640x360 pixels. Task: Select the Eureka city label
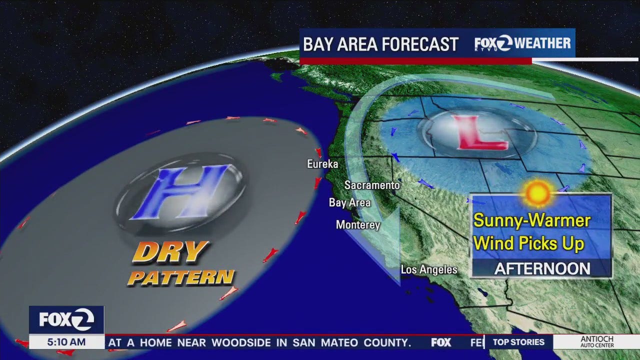(322, 164)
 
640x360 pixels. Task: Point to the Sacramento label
(372, 185)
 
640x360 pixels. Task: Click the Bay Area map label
(349, 202)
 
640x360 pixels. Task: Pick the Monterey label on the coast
(358, 225)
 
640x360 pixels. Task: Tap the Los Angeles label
(429, 270)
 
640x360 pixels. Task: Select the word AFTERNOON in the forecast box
(542, 269)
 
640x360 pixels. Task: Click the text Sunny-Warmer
(532, 220)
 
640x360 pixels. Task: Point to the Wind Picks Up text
(529, 243)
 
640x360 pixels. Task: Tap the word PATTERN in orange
(181, 277)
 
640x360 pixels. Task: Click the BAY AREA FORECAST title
(380, 44)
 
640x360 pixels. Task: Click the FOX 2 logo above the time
(66, 319)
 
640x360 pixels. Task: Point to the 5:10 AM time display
(66, 342)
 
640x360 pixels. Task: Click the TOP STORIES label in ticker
(518, 342)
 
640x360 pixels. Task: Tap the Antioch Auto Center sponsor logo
(596, 342)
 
